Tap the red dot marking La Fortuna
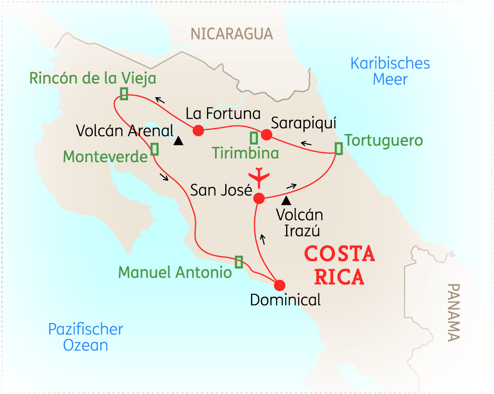tap(198, 130)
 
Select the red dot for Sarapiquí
tap(266, 134)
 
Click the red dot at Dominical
tap(279, 285)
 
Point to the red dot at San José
tap(259, 198)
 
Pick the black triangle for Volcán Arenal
tap(179, 141)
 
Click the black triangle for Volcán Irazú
tap(287, 201)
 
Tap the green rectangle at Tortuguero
tap(339, 149)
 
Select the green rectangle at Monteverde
tap(155, 149)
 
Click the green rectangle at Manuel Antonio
tap(239, 262)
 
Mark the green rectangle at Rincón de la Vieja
tap(124, 93)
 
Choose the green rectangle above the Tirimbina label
tap(254, 138)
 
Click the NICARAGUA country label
tap(231, 34)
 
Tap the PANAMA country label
tap(454, 312)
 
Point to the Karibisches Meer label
tap(390, 71)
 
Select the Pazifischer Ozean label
tap(86, 337)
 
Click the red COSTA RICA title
tap(339, 266)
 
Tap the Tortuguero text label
tap(384, 141)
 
